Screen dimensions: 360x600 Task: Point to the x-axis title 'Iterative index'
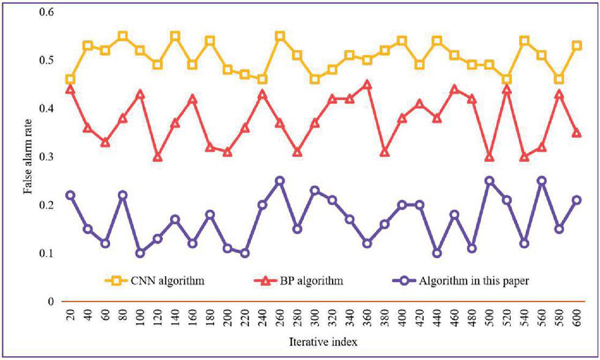tap(323, 343)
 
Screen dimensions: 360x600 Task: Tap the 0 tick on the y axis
tap(50, 301)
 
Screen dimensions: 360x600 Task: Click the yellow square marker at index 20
tap(71, 79)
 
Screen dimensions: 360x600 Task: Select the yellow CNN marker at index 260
tap(280, 36)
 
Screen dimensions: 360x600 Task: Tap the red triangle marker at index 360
tap(367, 85)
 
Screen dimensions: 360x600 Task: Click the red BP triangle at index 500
tap(489, 157)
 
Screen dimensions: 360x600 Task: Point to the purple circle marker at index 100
tap(140, 253)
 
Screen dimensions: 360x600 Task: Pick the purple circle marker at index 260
tap(280, 181)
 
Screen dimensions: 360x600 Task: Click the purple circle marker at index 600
tap(577, 200)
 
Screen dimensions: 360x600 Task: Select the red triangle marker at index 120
tap(157, 157)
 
